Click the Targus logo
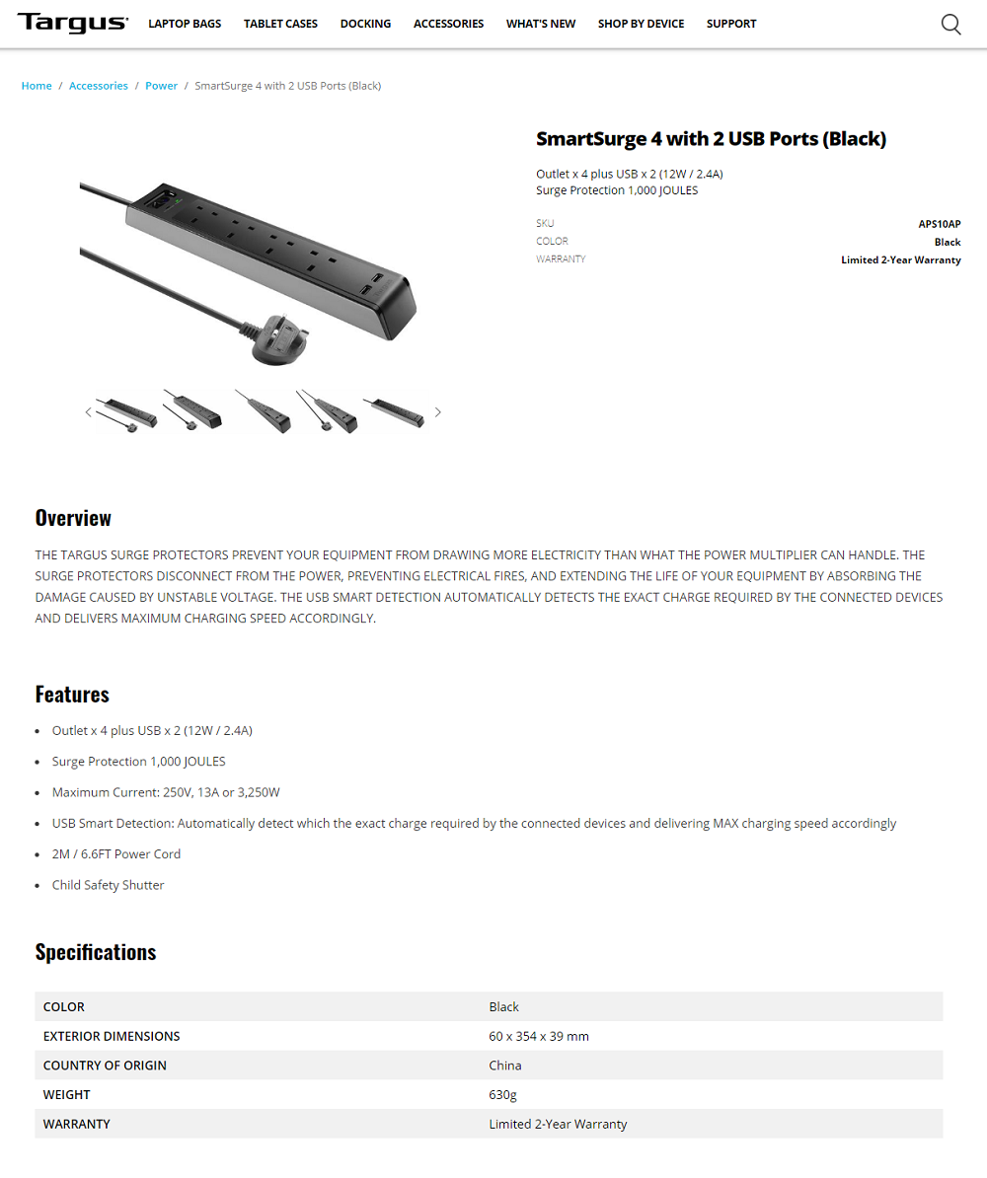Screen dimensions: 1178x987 point(72,23)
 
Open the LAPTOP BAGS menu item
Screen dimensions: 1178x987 point(185,24)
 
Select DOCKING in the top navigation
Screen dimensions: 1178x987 point(365,24)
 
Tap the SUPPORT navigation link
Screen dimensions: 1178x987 point(731,24)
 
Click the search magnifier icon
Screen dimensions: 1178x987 point(950,25)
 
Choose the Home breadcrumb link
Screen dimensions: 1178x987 point(37,86)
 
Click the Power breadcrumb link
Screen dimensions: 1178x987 point(162,86)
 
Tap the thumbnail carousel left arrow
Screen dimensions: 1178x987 point(88,412)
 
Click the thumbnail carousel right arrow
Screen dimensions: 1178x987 point(438,412)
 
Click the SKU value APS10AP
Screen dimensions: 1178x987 point(939,224)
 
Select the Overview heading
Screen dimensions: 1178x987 point(73,518)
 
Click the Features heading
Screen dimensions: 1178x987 point(72,694)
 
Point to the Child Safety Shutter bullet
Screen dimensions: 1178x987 point(109,885)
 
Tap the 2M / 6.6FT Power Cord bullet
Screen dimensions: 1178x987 point(116,854)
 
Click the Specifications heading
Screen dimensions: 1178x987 point(96,952)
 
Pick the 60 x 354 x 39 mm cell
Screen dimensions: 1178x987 point(539,1036)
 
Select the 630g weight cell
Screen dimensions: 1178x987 point(502,1094)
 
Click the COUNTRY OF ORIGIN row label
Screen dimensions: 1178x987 point(105,1066)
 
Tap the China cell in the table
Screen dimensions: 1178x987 point(505,1066)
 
